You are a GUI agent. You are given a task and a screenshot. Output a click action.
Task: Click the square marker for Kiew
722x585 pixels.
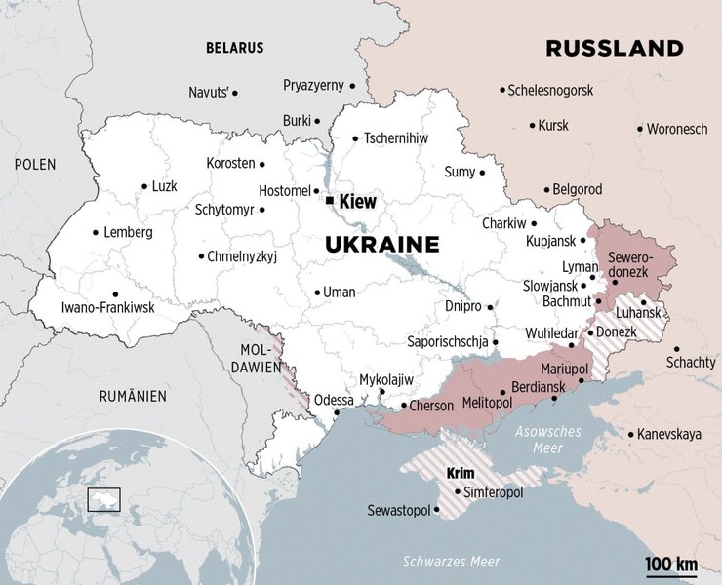330,201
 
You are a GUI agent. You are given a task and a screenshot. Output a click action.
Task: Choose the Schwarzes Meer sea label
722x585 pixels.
451,562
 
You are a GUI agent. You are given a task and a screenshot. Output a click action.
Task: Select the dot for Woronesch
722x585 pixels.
640,129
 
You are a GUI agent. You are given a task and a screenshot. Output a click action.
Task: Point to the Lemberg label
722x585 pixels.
129,233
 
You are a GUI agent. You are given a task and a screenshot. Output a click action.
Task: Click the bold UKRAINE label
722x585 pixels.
382,244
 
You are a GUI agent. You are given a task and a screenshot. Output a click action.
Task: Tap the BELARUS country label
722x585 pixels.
234,47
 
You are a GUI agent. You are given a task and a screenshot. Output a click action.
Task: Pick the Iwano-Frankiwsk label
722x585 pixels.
108,307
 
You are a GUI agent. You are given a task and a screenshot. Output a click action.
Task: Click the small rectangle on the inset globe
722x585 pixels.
103,499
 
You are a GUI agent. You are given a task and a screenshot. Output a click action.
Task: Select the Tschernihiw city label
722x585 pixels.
396,138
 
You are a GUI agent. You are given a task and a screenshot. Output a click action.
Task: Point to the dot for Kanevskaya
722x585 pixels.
631,434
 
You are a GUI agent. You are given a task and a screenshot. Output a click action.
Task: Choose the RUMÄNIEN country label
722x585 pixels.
133,396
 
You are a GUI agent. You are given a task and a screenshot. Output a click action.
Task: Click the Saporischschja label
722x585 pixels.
447,342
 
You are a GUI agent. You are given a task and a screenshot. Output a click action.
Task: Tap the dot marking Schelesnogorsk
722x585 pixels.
501,91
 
